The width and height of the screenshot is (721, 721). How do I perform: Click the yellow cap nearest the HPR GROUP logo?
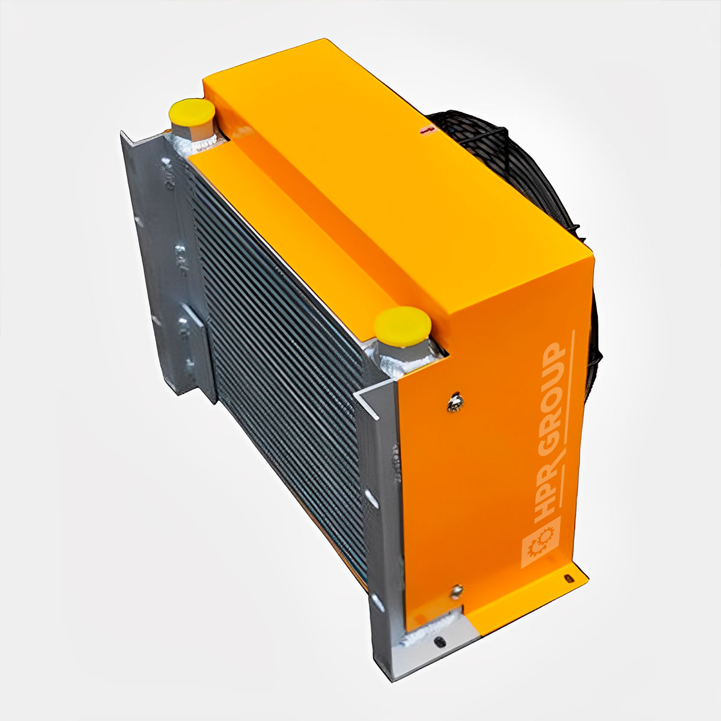pos(402,326)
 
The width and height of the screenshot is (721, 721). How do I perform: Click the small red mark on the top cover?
pos(425,129)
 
